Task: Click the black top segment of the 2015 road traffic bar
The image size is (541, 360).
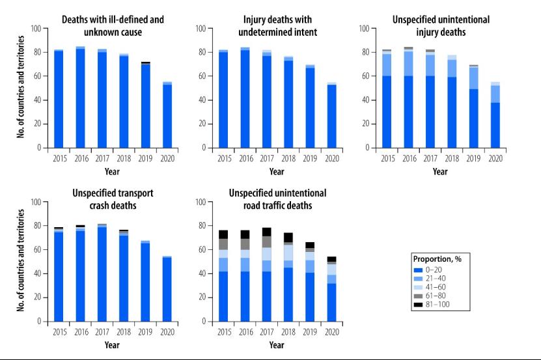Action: pyautogui.click(x=223, y=234)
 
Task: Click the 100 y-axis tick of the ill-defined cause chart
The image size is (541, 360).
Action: pyautogui.click(x=35, y=29)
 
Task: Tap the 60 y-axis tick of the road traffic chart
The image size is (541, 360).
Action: pyautogui.click(x=200, y=250)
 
